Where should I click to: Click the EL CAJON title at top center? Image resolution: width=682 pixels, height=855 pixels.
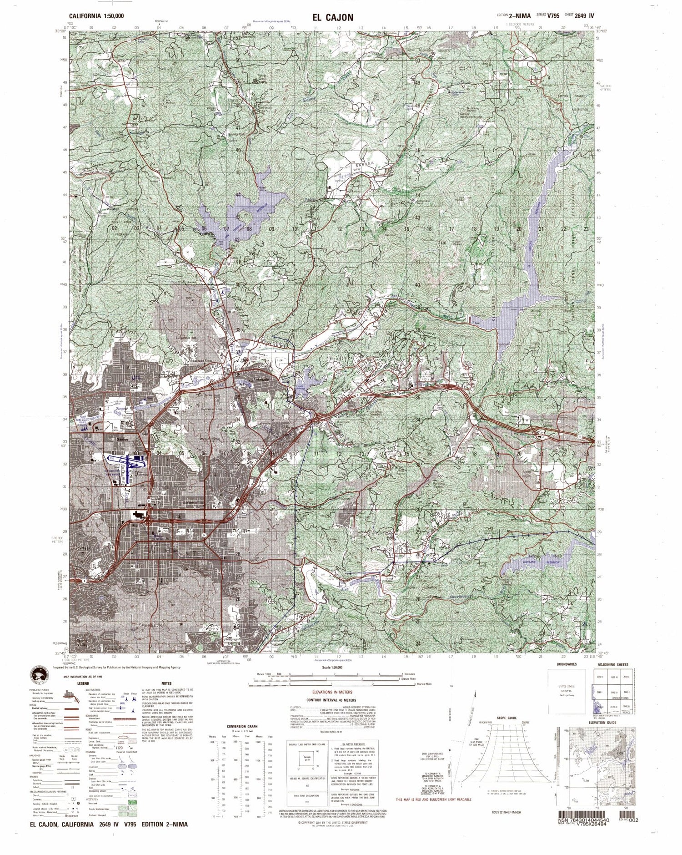pos(332,17)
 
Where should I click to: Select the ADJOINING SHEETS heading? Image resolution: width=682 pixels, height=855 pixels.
pos(612,665)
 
